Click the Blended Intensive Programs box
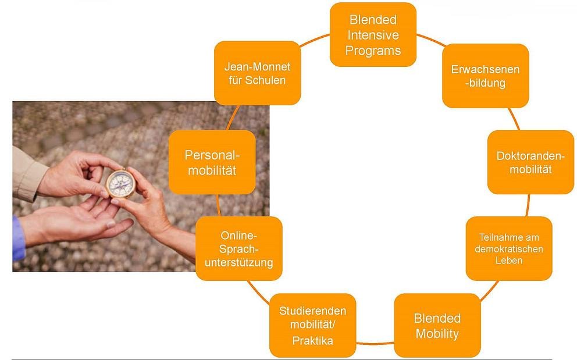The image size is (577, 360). pyautogui.click(x=373, y=34)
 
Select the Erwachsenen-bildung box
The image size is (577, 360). pyautogui.click(x=485, y=76)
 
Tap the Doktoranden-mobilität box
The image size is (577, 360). pyautogui.click(x=530, y=162)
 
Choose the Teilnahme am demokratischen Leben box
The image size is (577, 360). pyautogui.click(x=509, y=248)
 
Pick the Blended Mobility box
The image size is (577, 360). pyautogui.click(x=437, y=326)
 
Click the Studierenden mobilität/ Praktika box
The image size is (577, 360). pyautogui.click(x=312, y=326)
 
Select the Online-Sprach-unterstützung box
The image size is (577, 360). pyautogui.click(x=239, y=248)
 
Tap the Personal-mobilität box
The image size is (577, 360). pyautogui.click(x=212, y=162)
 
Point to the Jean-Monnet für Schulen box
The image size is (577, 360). pyautogui.click(x=257, y=73)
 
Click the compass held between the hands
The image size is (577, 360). pyautogui.click(x=121, y=183)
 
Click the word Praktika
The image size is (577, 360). pyautogui.click(x=312, y=340)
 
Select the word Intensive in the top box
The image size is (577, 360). pyautogui.click(x=373, y=35)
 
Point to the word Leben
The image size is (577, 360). pyautogui.click(x=509, y=260)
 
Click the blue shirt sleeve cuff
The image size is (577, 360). pyautogui.click(x=19, y=238)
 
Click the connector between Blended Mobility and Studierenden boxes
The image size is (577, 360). pyautogui.click(x=375, y=344)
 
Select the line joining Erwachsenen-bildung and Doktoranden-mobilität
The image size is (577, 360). pyautogui.click(x=514, y=119)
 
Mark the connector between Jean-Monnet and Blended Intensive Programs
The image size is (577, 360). pyautogui.click(x=315, y=40)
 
